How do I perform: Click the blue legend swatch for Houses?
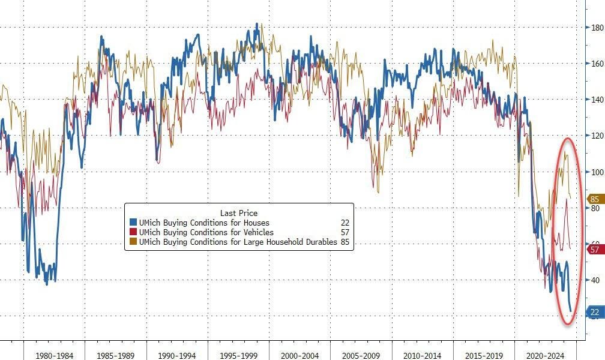(x=133, y=223)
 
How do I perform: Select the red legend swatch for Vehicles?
(x=133, y=233)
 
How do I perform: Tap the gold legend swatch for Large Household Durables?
(x=133, y=242)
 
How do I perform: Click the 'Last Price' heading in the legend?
(x=239, y=213)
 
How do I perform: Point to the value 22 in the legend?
(x=345, y=223)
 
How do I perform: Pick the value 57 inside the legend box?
(x=345, y=233)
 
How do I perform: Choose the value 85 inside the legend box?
(x=345, y=242)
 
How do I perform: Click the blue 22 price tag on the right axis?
(x=595, y=313)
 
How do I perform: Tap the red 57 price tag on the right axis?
(x=595, y=250)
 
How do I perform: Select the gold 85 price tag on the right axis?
(x=595, y=199)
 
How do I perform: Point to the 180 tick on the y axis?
(x=597, y=28)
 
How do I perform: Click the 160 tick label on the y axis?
(x=597, y=64)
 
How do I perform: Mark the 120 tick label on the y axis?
(x=597, y=136)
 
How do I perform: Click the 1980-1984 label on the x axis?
(x=54, y=355)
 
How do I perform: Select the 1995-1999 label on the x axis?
(x=238, y=355)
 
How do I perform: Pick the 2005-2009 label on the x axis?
(x=361, y=355)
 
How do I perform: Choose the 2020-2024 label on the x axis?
(x=545, y=355)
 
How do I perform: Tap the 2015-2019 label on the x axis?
(x=483, y=355)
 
